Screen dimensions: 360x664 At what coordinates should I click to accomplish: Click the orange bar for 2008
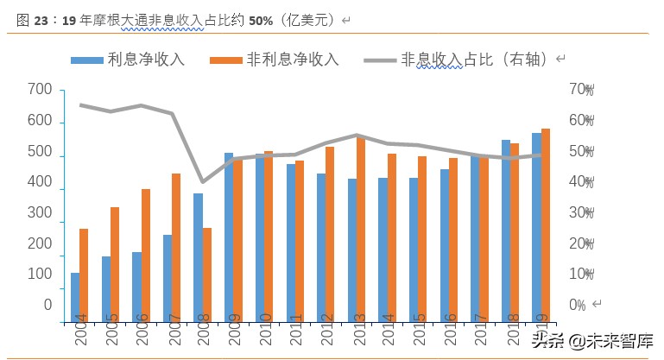click(x=207, y=275)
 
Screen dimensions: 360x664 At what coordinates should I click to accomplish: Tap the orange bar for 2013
click(x=361, y=229)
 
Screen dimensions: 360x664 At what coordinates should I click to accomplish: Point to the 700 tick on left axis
click(x=40, y=90)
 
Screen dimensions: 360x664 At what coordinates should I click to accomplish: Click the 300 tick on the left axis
click(x=40, y=213)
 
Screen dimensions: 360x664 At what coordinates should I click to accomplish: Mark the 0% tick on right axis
click(x=579, y=305)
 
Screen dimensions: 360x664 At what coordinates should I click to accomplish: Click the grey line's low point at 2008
click(x=203, y=182)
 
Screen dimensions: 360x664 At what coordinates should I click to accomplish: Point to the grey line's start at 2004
click(x=79, y=105)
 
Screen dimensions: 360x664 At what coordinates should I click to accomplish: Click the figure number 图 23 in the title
click(x=32, y=19)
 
